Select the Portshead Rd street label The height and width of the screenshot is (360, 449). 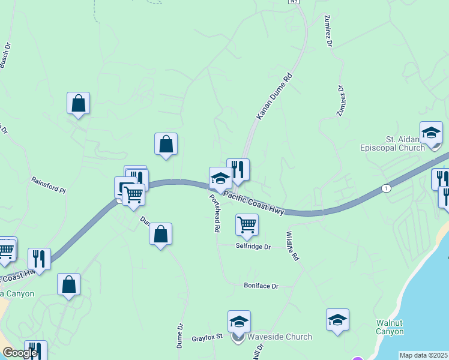[x=213, y=214]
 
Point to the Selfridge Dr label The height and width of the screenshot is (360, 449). [x=253, y=247]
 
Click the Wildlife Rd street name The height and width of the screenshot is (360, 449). [x=292, y=246]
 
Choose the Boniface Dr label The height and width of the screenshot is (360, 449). [x=261, y=286]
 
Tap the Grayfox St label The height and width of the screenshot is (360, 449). [x=207, y=338]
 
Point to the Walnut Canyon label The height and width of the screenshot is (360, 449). [x=389, y=326]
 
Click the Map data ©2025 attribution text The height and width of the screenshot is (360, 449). [x=424, y=355]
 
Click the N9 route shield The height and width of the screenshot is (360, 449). [x=293, y=2]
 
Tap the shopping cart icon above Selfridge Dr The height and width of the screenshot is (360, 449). [x=247, y=224]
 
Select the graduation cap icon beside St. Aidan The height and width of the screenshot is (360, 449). [x=431, y=133]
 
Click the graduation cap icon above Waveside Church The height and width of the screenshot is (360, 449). [x=239, y=322]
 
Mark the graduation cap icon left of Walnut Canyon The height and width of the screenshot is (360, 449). [x=338, y=320]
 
